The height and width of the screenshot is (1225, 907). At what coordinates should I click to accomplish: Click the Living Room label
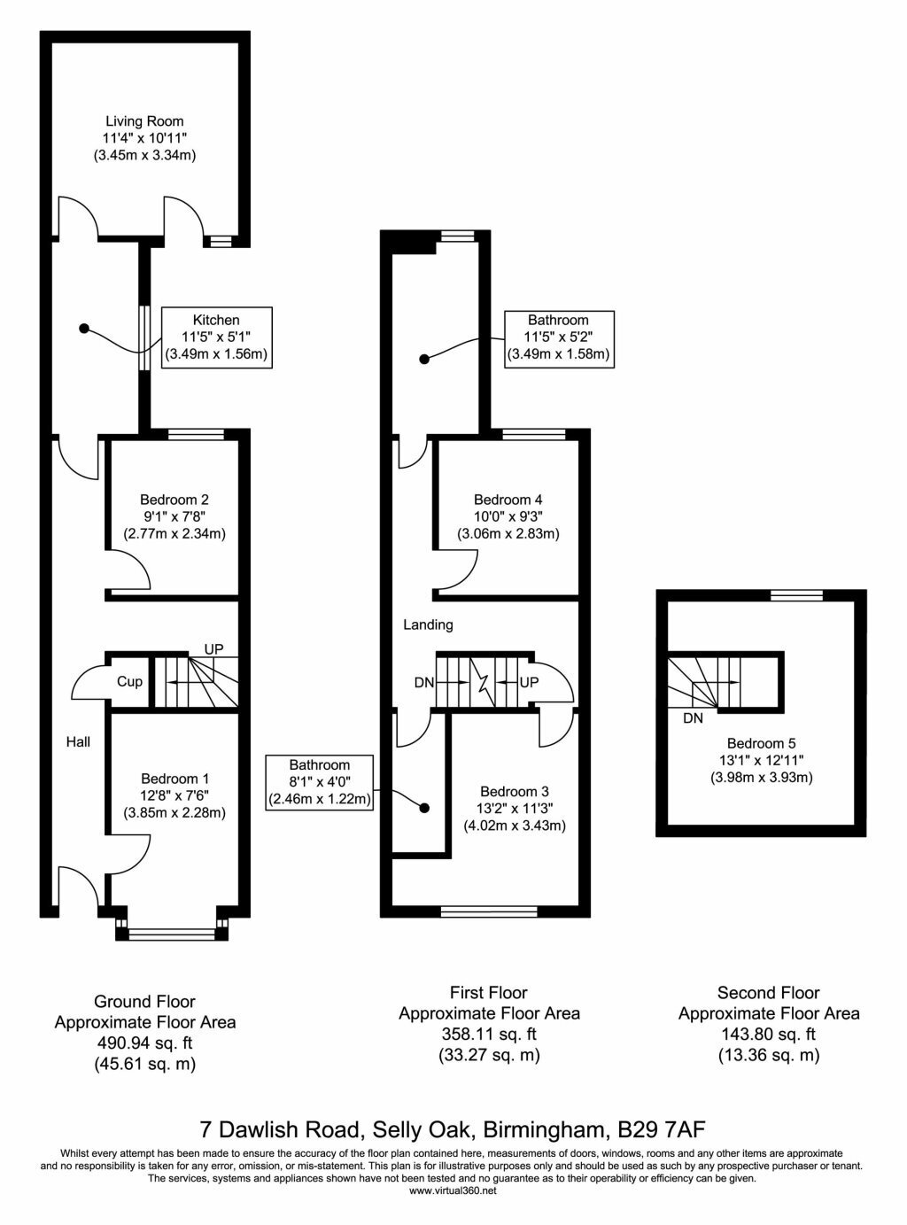(x=144, y=121)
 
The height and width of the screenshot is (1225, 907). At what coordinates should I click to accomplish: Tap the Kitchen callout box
(x=217, y=337)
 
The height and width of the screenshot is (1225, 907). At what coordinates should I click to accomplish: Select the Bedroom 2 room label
(x=174, y=500)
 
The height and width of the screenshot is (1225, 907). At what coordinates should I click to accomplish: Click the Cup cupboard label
(x=130, y=681)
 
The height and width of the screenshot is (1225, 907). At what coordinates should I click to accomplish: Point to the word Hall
(x=79, y=741)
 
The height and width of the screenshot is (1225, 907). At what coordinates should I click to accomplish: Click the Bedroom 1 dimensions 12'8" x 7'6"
(x=174, y=796)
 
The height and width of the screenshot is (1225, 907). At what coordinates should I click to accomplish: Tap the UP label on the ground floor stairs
(x=214, y=649)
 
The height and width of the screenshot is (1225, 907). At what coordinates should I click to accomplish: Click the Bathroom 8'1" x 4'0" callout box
(x=320, y=783)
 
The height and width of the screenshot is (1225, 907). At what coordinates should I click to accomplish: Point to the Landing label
(x=428, y=624)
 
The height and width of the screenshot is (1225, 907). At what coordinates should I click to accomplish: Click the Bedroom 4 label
(x=508, y=500)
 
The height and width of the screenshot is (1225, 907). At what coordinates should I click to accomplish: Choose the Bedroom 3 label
(x=515, y=792)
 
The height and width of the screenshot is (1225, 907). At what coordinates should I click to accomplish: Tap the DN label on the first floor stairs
(x=424, y=683)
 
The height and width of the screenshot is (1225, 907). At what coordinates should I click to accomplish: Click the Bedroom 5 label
(x=761, y=743)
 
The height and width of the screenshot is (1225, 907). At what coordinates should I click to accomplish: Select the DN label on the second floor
(x=694, y=718)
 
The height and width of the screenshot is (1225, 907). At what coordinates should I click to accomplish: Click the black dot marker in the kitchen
(x=84, y=329)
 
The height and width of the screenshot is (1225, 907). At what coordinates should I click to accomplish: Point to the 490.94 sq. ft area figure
(x=144, y=1043)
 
